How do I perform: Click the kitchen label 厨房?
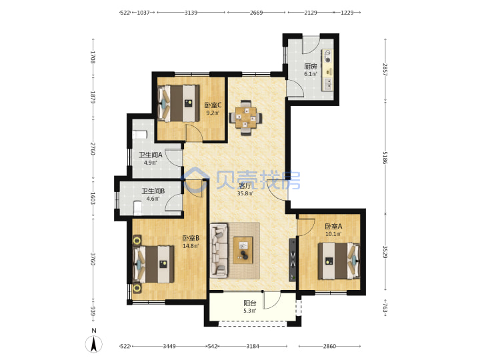[x=310, y=66]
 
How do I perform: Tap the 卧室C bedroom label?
[x=213, y=105]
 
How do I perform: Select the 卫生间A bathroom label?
[x=150, y=155]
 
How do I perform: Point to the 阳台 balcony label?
[x=250, y=303]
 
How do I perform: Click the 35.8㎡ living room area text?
[x=245, y=193]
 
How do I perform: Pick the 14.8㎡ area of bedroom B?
[x=191, y=245]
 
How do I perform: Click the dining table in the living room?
[x=245, y=117]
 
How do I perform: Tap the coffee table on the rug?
[x=243, y=250]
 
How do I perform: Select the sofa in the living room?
[x=219, y=251]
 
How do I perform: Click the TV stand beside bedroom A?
[x=293, y=259]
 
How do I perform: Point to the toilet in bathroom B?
[x=138, y=208]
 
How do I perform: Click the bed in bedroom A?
[x=339, y=261]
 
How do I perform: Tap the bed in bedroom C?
[x=179, y=103]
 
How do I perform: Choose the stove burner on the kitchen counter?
[x=328, y=56]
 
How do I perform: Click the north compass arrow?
[x=94, y=344]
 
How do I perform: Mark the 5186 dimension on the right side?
[x=385, y=157]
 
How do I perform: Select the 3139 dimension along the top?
[x=191, y=13]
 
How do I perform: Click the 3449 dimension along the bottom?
[x=169, y=346]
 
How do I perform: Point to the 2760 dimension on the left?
[x=93, y=149]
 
